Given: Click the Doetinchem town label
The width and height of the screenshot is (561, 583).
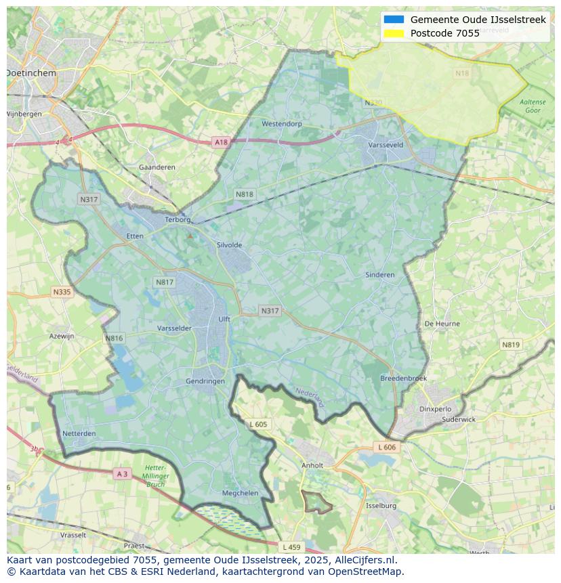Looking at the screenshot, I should [30, 72].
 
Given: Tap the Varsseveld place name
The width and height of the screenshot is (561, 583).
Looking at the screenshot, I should [385, 145].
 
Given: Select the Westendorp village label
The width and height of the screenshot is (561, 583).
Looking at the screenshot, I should [281, 124].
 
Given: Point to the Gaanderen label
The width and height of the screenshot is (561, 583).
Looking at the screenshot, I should [157, 167].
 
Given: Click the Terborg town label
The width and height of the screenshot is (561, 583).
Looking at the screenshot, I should [180, 220].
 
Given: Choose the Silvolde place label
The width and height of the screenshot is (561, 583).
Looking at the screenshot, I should [229, 245].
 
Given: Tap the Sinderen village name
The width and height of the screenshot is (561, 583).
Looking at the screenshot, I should [379, 275].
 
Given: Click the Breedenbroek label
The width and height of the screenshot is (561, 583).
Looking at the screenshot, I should [403, 379].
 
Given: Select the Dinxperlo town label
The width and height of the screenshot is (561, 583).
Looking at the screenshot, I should [435, 409].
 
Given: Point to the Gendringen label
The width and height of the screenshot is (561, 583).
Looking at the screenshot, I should [205, 381].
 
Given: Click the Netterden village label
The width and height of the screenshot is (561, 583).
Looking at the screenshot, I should [79, 433].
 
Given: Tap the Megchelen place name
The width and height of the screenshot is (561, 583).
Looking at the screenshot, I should [240, 493].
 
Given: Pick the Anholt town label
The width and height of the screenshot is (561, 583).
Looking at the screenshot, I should [312, 466].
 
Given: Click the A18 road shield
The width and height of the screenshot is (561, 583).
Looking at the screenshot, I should [221, 142].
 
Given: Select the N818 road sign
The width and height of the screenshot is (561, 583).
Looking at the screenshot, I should [245, 194].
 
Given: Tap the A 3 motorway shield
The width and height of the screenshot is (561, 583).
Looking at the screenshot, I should [122, 474].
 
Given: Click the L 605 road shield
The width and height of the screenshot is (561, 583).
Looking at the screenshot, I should [258, 425].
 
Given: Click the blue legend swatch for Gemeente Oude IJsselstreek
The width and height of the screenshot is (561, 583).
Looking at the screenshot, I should [394, 20].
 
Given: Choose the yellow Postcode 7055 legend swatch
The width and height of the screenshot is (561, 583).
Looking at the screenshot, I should [394, 33].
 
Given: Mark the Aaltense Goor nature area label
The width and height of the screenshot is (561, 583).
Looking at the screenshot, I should [532, 106].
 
